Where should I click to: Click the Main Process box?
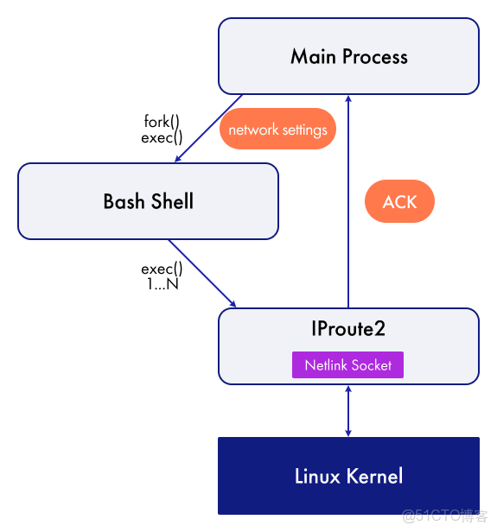point(348,57)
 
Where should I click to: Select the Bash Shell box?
point(148,202)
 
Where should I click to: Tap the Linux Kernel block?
point(348,476)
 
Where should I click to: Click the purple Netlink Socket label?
point(347,365)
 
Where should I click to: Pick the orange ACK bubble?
point(399,202)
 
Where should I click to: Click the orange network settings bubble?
point(277,130)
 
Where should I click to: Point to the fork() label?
point(162,122)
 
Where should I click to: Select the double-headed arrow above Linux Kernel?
point(348,410)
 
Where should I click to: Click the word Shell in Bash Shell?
point(171,202)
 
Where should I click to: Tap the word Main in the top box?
point(312,57)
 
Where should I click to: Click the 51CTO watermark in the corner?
point(445,516)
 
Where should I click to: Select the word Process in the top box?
point(373,57)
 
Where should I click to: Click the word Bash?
point(124,202)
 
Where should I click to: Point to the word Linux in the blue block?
point(317,476)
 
